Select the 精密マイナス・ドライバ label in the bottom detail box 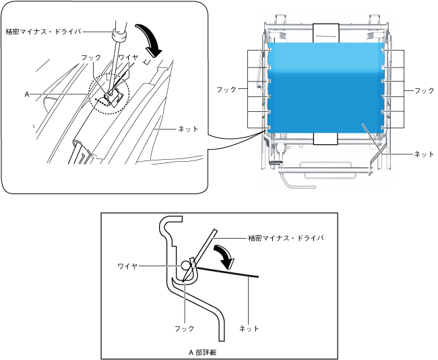pyautogui.click(x=286, y=237)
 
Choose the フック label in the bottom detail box pyautogui.click(x=183, y=328)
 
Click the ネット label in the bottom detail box pyautogui.click(x=250, y=328)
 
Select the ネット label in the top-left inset pyautogui.click(x=188, y=128)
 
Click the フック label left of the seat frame pyautogui.click(x=226, y=89)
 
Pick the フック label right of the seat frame pyautogui.click(x=425, y=89)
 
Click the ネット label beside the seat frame pyautogui.click(x=424, y=154)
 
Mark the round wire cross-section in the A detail pyautogui.click(x=185, y=266)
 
